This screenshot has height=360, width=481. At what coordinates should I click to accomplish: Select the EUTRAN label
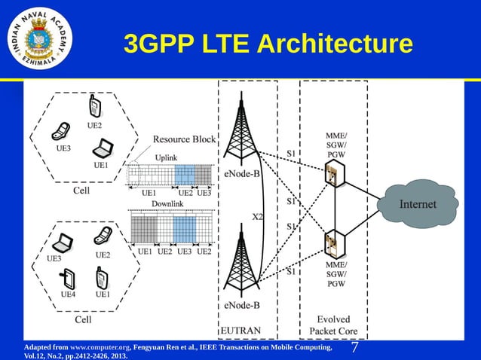240,331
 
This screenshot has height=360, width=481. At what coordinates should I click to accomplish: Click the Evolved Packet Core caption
333,325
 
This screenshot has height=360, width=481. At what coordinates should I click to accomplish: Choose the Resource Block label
185,139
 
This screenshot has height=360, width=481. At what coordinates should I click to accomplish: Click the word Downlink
167,204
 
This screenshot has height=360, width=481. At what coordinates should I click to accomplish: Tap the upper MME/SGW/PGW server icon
332,177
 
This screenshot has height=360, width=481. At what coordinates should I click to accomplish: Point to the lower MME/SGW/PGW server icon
332,244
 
